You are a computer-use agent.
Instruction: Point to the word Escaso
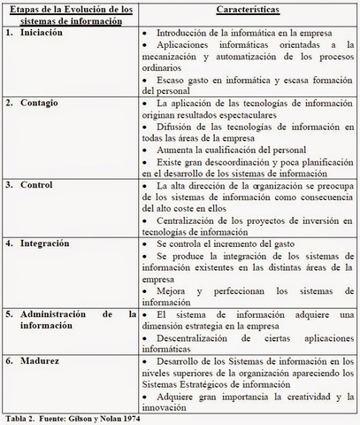point(172,82)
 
